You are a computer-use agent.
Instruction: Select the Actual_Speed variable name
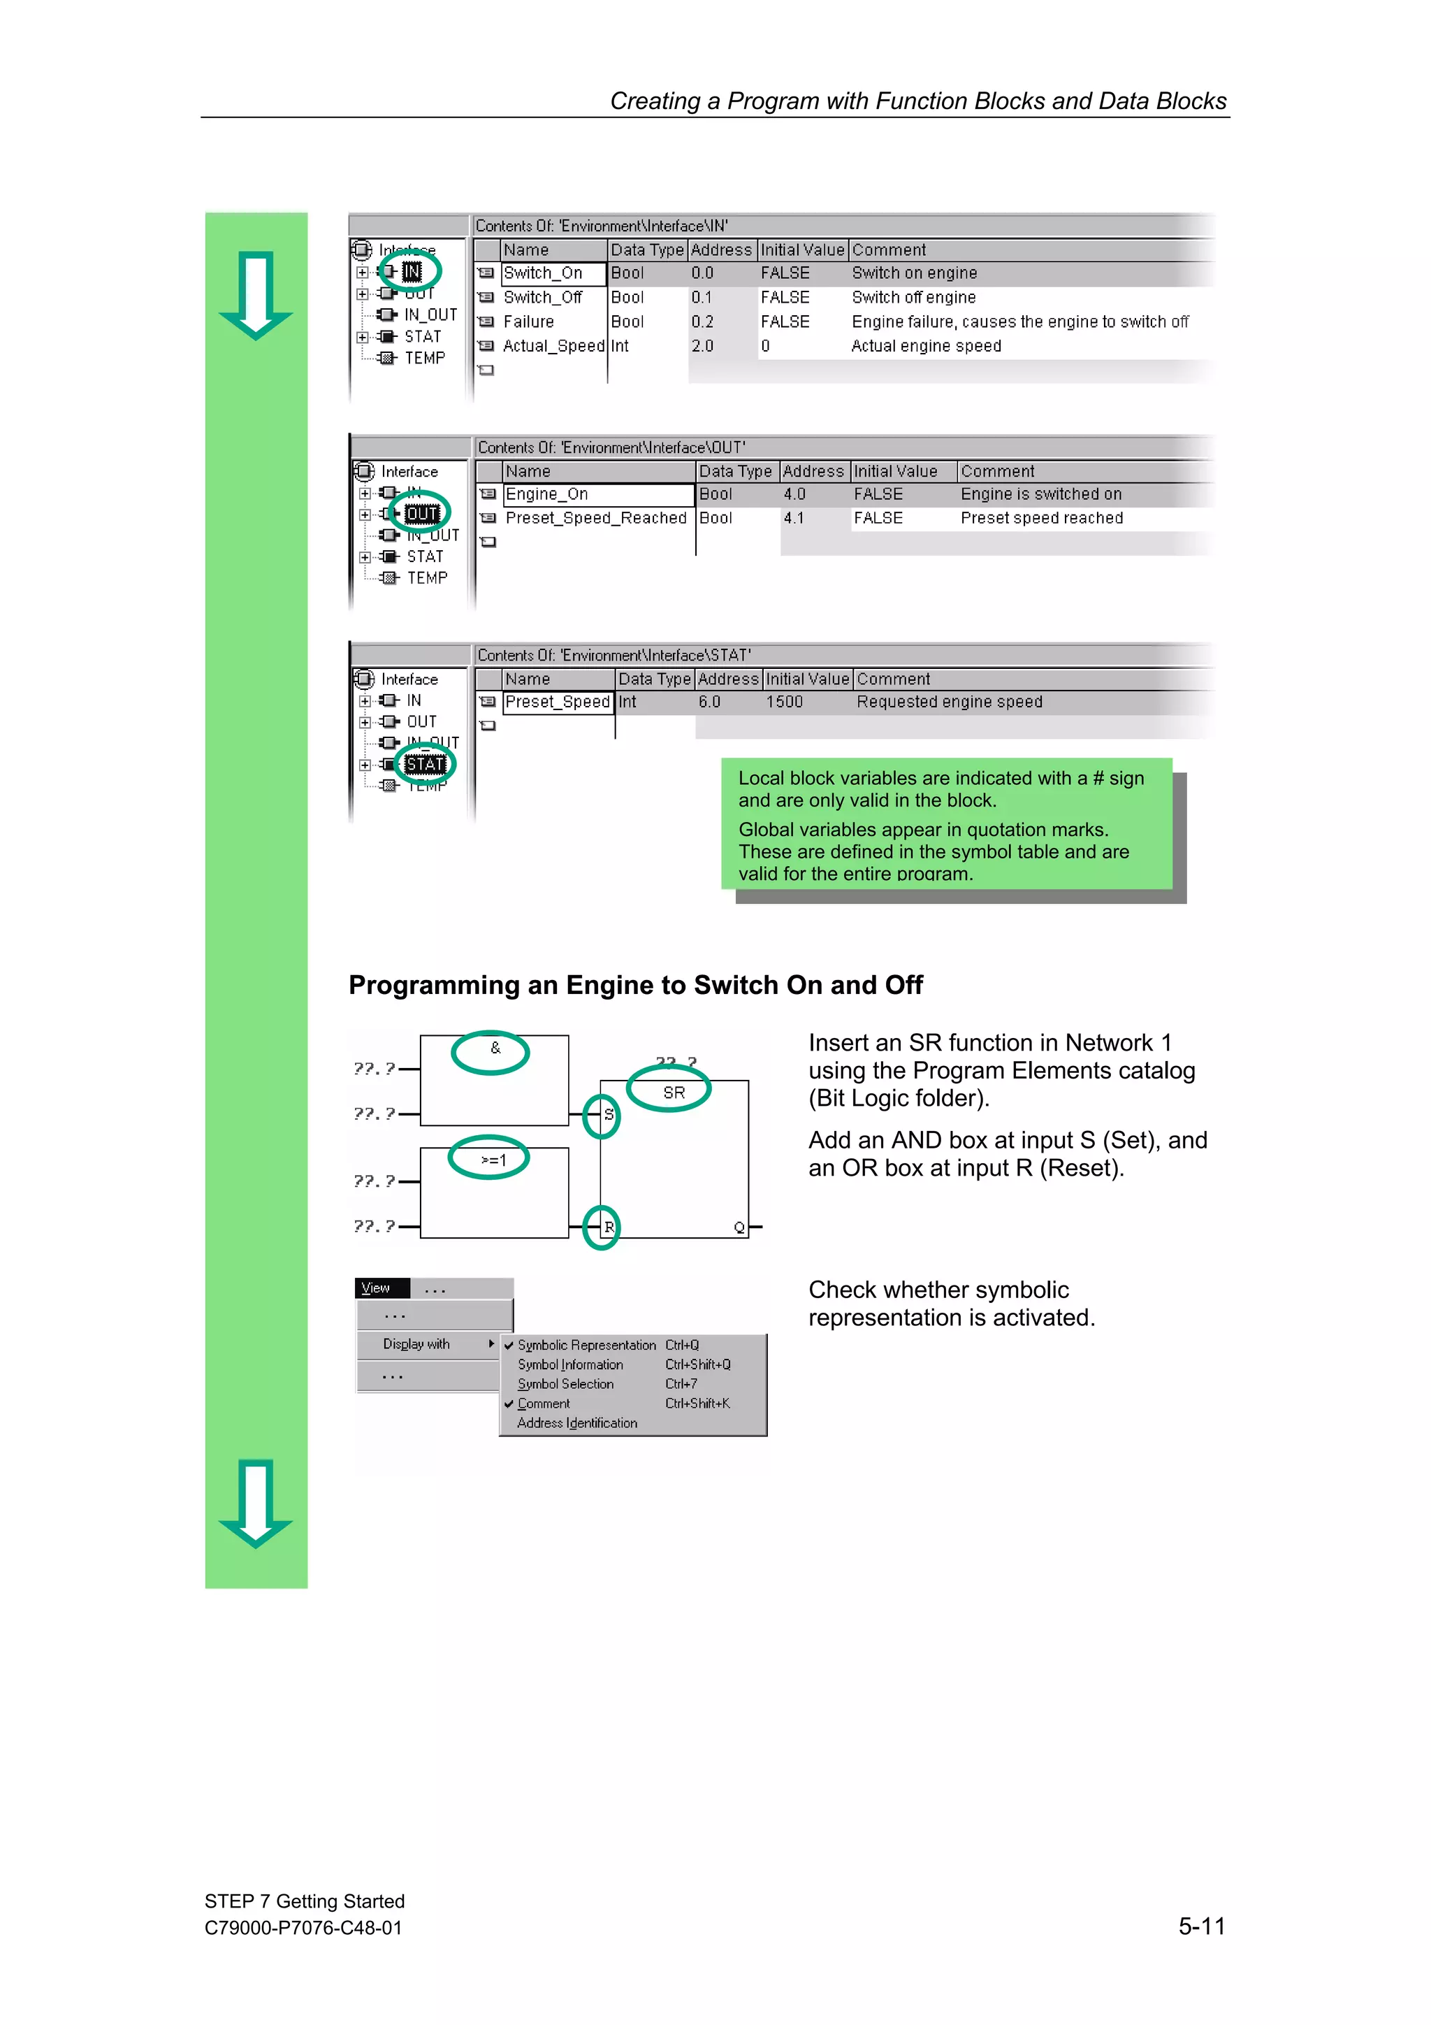tap(553, 347)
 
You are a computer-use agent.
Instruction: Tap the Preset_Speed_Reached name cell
tap(595, 519)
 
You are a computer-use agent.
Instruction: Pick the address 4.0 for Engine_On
tap(794, 495)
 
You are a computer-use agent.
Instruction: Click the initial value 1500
tap(784, 702)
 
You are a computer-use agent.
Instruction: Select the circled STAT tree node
tap(424, 765)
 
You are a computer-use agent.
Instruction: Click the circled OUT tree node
tap(421, 513)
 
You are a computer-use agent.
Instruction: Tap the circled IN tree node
tap(412, 272)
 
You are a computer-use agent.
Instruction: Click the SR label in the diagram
tap(674, 1093)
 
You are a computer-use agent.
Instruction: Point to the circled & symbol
tap(495, 1048)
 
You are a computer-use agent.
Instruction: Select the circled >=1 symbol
tap(493, 1160)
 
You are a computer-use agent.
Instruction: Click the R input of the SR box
tap(609, 1227)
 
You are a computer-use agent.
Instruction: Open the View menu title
tap(377, 1288)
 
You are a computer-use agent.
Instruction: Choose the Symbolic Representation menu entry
tap(586, 1345)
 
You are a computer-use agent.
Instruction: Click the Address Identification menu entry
tap(576, 1423)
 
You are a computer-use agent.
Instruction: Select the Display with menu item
tap(416, 1344)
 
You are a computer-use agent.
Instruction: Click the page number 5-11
tap(1201, 1926)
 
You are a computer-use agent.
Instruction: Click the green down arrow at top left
tap(256, 296)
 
